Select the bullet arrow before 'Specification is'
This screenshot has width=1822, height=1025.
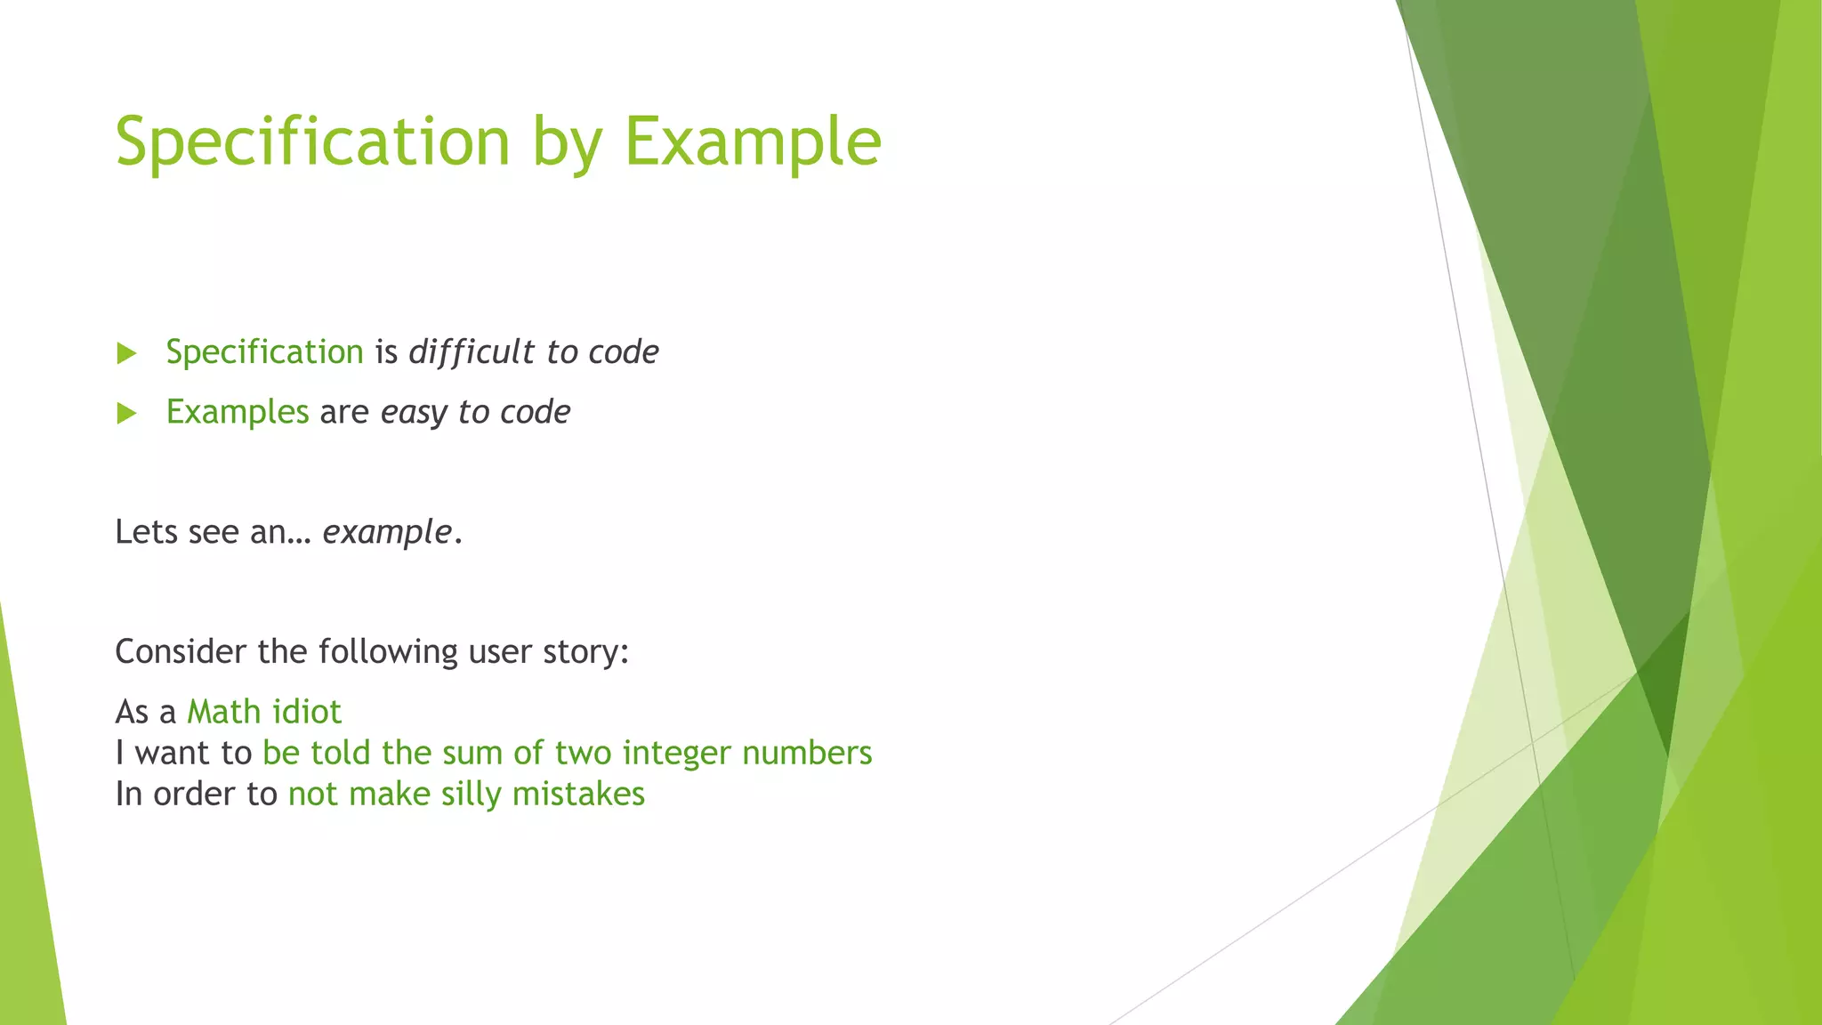126,353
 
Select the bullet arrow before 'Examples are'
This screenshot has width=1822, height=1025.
126,413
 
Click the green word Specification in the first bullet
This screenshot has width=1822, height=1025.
264,352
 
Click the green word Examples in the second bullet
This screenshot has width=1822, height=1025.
238,412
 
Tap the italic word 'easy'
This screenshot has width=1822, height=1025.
414,413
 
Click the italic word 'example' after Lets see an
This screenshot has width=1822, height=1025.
387,532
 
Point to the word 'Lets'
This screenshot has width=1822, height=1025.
146,532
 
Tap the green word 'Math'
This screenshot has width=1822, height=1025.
223,712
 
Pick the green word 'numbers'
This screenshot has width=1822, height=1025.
807,753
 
